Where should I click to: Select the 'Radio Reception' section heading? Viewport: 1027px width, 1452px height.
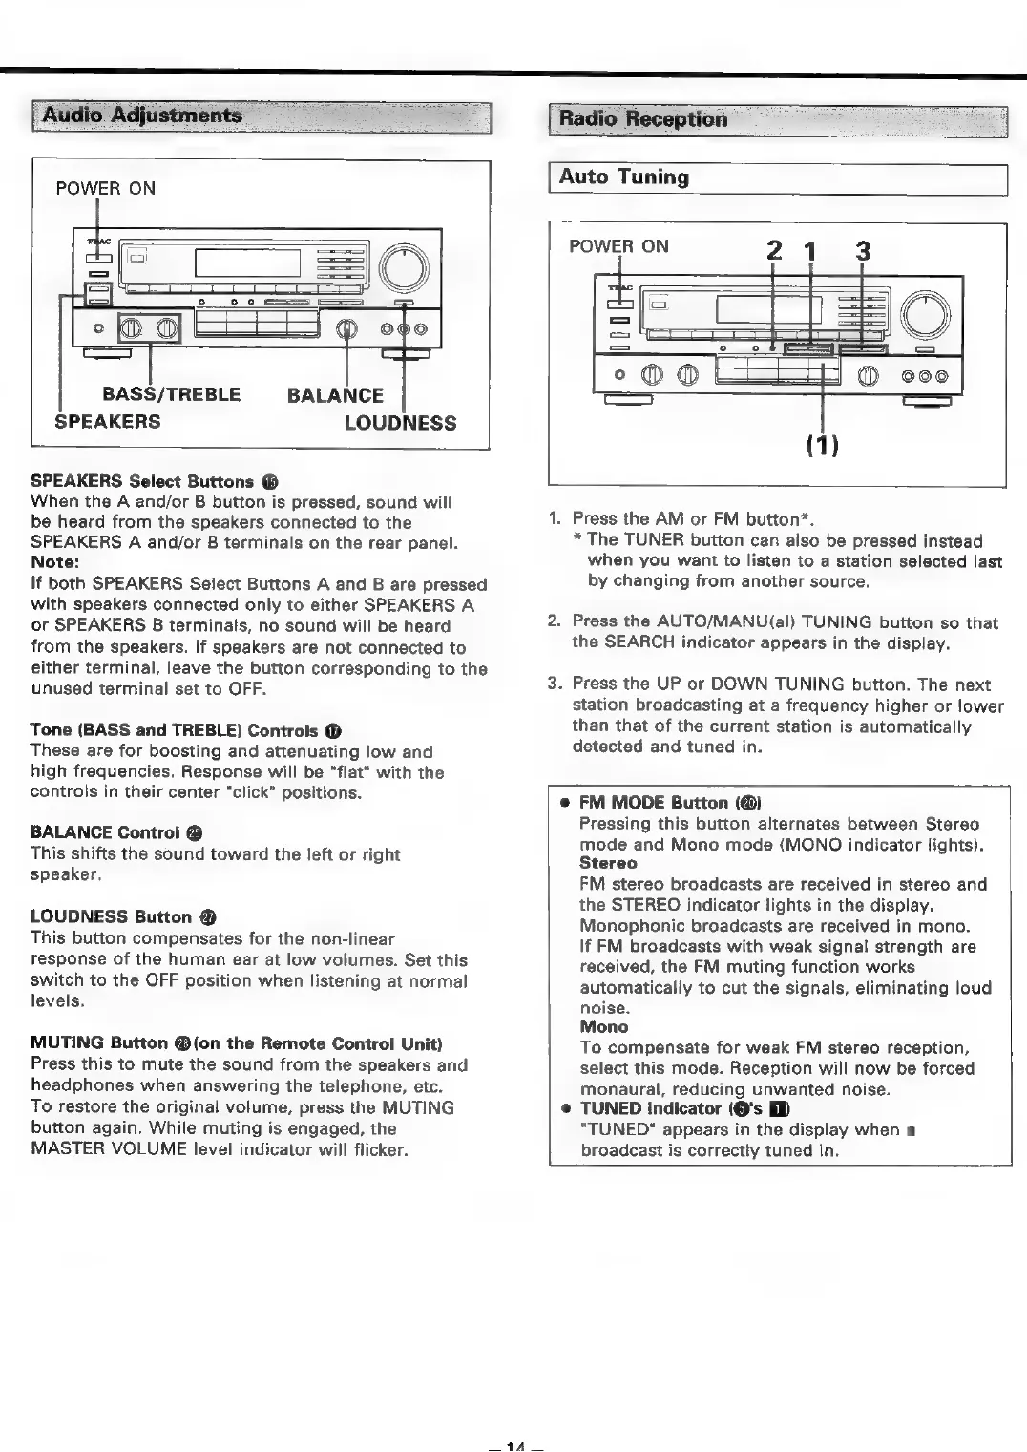pos(642,119)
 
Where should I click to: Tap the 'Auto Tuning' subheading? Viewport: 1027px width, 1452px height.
pos(623,178)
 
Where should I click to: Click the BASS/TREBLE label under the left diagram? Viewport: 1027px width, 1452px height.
pos(172,394)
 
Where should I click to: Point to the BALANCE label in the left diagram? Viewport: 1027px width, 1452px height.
pos(335,395)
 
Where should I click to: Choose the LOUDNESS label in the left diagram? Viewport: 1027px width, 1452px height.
pos(400,423)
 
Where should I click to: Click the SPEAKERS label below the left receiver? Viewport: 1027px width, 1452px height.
pos(108,421)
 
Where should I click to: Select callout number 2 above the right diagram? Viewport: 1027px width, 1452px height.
pos(774,251)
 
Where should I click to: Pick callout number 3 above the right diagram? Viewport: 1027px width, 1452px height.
pos(863,251)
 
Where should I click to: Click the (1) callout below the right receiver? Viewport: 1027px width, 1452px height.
pos(823,446)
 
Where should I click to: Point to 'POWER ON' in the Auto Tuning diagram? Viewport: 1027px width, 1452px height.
pos(618,246)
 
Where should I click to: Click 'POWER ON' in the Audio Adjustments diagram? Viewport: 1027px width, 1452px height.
pos(105,188)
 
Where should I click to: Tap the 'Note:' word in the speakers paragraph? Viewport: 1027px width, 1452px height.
pos(55,562)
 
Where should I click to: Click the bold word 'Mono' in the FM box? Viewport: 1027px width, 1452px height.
pos(604,1027)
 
